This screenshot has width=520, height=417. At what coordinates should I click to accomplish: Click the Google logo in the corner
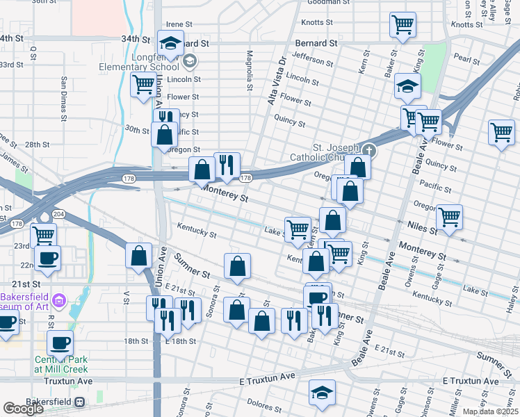(x=23, y=409)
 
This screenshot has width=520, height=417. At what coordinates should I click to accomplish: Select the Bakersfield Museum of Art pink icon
(x=59, y=301)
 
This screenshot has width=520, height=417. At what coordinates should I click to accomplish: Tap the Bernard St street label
(x=316, y=43)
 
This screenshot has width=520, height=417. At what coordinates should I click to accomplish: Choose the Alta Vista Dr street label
(x=277, y=81)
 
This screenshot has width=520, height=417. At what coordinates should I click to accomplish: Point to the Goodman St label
(x=328, y=2)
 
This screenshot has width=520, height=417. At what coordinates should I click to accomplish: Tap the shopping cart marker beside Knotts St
(x=403, y=25)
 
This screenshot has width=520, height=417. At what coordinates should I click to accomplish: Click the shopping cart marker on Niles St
(x=449, y=215)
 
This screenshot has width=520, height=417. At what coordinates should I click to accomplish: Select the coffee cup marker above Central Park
(x=60, y=342)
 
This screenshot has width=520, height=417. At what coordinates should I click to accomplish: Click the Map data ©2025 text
(x=491, y=411)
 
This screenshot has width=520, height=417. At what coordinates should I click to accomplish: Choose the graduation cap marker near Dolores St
(x=322, y=393)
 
